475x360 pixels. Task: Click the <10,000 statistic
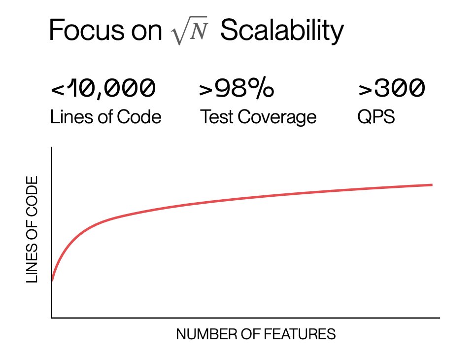(x=103, y=89)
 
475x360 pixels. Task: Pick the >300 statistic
(x=391, y=89)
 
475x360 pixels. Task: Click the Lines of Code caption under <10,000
(x=106, y=117)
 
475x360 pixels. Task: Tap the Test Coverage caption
(x=258, y=117)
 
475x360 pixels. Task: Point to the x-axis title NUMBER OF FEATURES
(x=256, y=334)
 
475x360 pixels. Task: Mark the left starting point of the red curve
(x=52, y=281)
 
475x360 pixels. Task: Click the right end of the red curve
(x=432, y=185)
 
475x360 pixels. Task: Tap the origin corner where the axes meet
(x=52, y=318)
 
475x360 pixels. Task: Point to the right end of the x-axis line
(x=439, y=318)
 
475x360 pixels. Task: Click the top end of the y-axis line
(x=52, y=147)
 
